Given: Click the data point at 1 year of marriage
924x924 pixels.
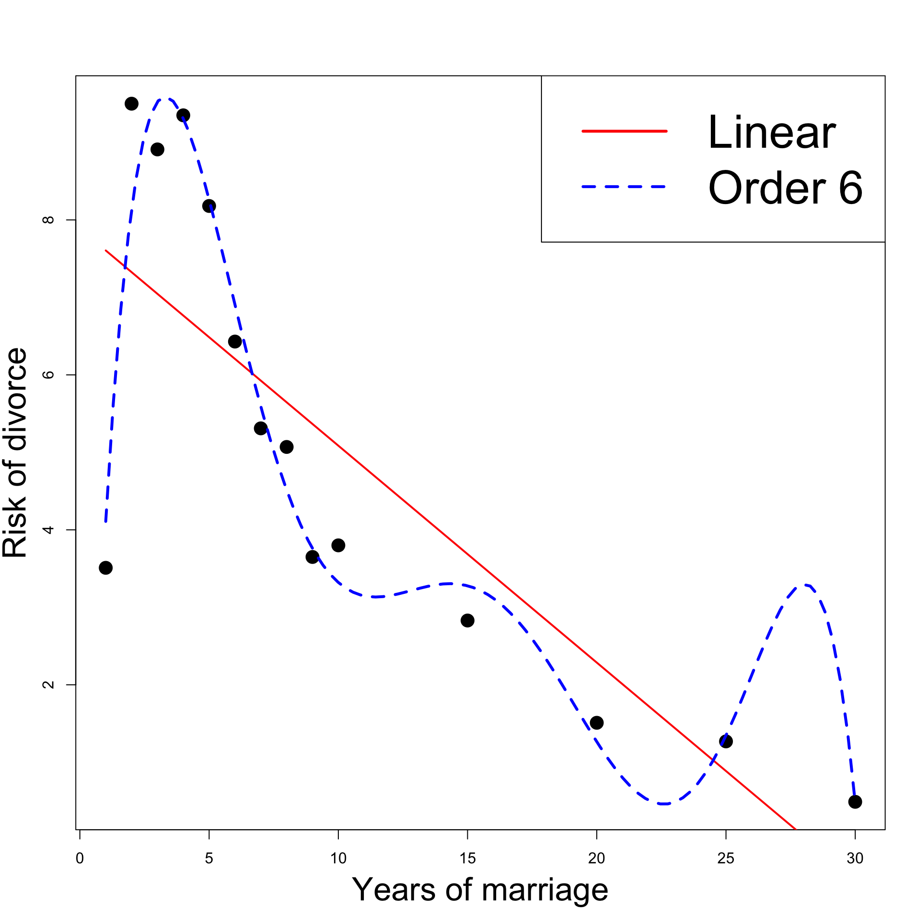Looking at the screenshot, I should click(106, 568).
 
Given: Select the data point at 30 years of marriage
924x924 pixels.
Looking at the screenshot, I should click(855, 802).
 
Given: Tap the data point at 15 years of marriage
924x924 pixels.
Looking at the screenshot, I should click(467, 620).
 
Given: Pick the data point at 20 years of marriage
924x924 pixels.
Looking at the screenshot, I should click(597, 722).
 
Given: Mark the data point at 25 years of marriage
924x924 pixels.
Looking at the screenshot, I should click(726, 741).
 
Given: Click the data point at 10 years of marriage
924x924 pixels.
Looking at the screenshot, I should click(338, 545).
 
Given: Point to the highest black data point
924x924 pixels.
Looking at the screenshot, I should click(131, 103).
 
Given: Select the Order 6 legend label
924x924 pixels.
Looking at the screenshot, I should click(785, 188).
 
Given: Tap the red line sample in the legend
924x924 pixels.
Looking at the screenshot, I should click(625, 131).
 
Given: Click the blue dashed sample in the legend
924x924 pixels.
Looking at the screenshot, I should click(625, 186).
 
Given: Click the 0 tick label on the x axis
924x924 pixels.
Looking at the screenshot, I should click(80, 859).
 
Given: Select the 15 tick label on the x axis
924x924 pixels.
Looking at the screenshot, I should click(467, 859).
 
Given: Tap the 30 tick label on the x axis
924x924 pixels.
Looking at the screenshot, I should click(855, 859).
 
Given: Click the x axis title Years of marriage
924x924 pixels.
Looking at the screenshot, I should click(480, 890).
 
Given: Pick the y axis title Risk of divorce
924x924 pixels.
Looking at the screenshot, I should click(14, 452).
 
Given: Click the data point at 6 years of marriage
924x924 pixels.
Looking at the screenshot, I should click(235, 342).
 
